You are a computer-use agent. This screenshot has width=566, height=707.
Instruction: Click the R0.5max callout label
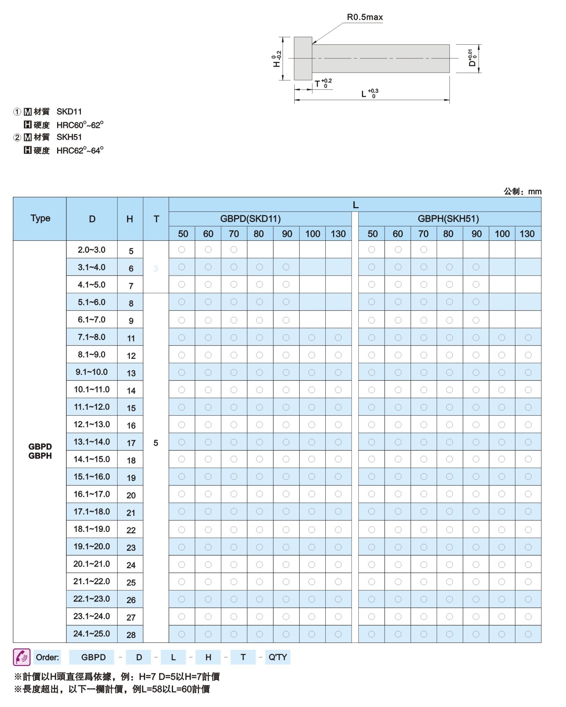tap(365, 17)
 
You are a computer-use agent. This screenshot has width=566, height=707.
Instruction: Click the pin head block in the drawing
tap(303, 58)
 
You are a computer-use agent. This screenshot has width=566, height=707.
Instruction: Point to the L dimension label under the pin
tap(364, 94)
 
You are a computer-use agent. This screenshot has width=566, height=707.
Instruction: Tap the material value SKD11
tap(69, 112)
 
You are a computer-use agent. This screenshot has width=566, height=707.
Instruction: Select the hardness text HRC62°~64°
tap(80, 151)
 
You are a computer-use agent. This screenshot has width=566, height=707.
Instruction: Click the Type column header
tap(40, 218)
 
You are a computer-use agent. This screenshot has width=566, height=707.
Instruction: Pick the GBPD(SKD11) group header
tap(250, 219)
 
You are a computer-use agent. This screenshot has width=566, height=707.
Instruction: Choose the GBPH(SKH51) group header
tap(448, 219)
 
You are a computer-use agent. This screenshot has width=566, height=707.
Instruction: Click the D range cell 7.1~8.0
tap(92, 337)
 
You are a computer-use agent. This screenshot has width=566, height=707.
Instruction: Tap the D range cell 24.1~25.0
tap(92, 633)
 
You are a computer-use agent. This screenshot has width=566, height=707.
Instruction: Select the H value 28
tap(131, 635)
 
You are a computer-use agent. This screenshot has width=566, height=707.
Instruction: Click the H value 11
tap(131, 338)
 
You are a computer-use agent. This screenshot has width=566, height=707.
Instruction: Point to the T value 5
tap(156, 443)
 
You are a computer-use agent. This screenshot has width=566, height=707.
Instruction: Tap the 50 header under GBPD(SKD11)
tap(183, 234)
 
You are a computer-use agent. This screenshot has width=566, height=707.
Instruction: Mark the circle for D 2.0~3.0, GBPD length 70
tap(234, 250)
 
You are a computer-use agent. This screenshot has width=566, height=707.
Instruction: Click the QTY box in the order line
tap(278, 657)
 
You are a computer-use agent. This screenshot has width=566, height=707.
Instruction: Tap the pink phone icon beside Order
tap(22, 657)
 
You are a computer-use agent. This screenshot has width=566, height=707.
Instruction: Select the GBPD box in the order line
tap(93, 657)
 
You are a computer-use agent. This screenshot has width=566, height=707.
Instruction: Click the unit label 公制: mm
tap(522, 191)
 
